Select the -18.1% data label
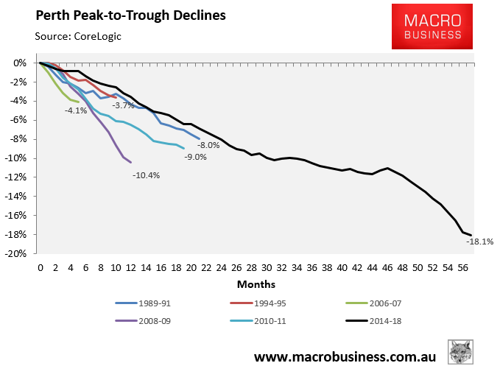[481, 241]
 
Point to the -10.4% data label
[146, 175]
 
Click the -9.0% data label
[195, 156]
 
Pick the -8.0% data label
[208, 145]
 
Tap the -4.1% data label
[76, 110]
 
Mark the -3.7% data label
[123, 105]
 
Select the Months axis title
[256, 283]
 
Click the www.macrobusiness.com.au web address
[345, 357]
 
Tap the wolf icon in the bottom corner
[461, 352]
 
